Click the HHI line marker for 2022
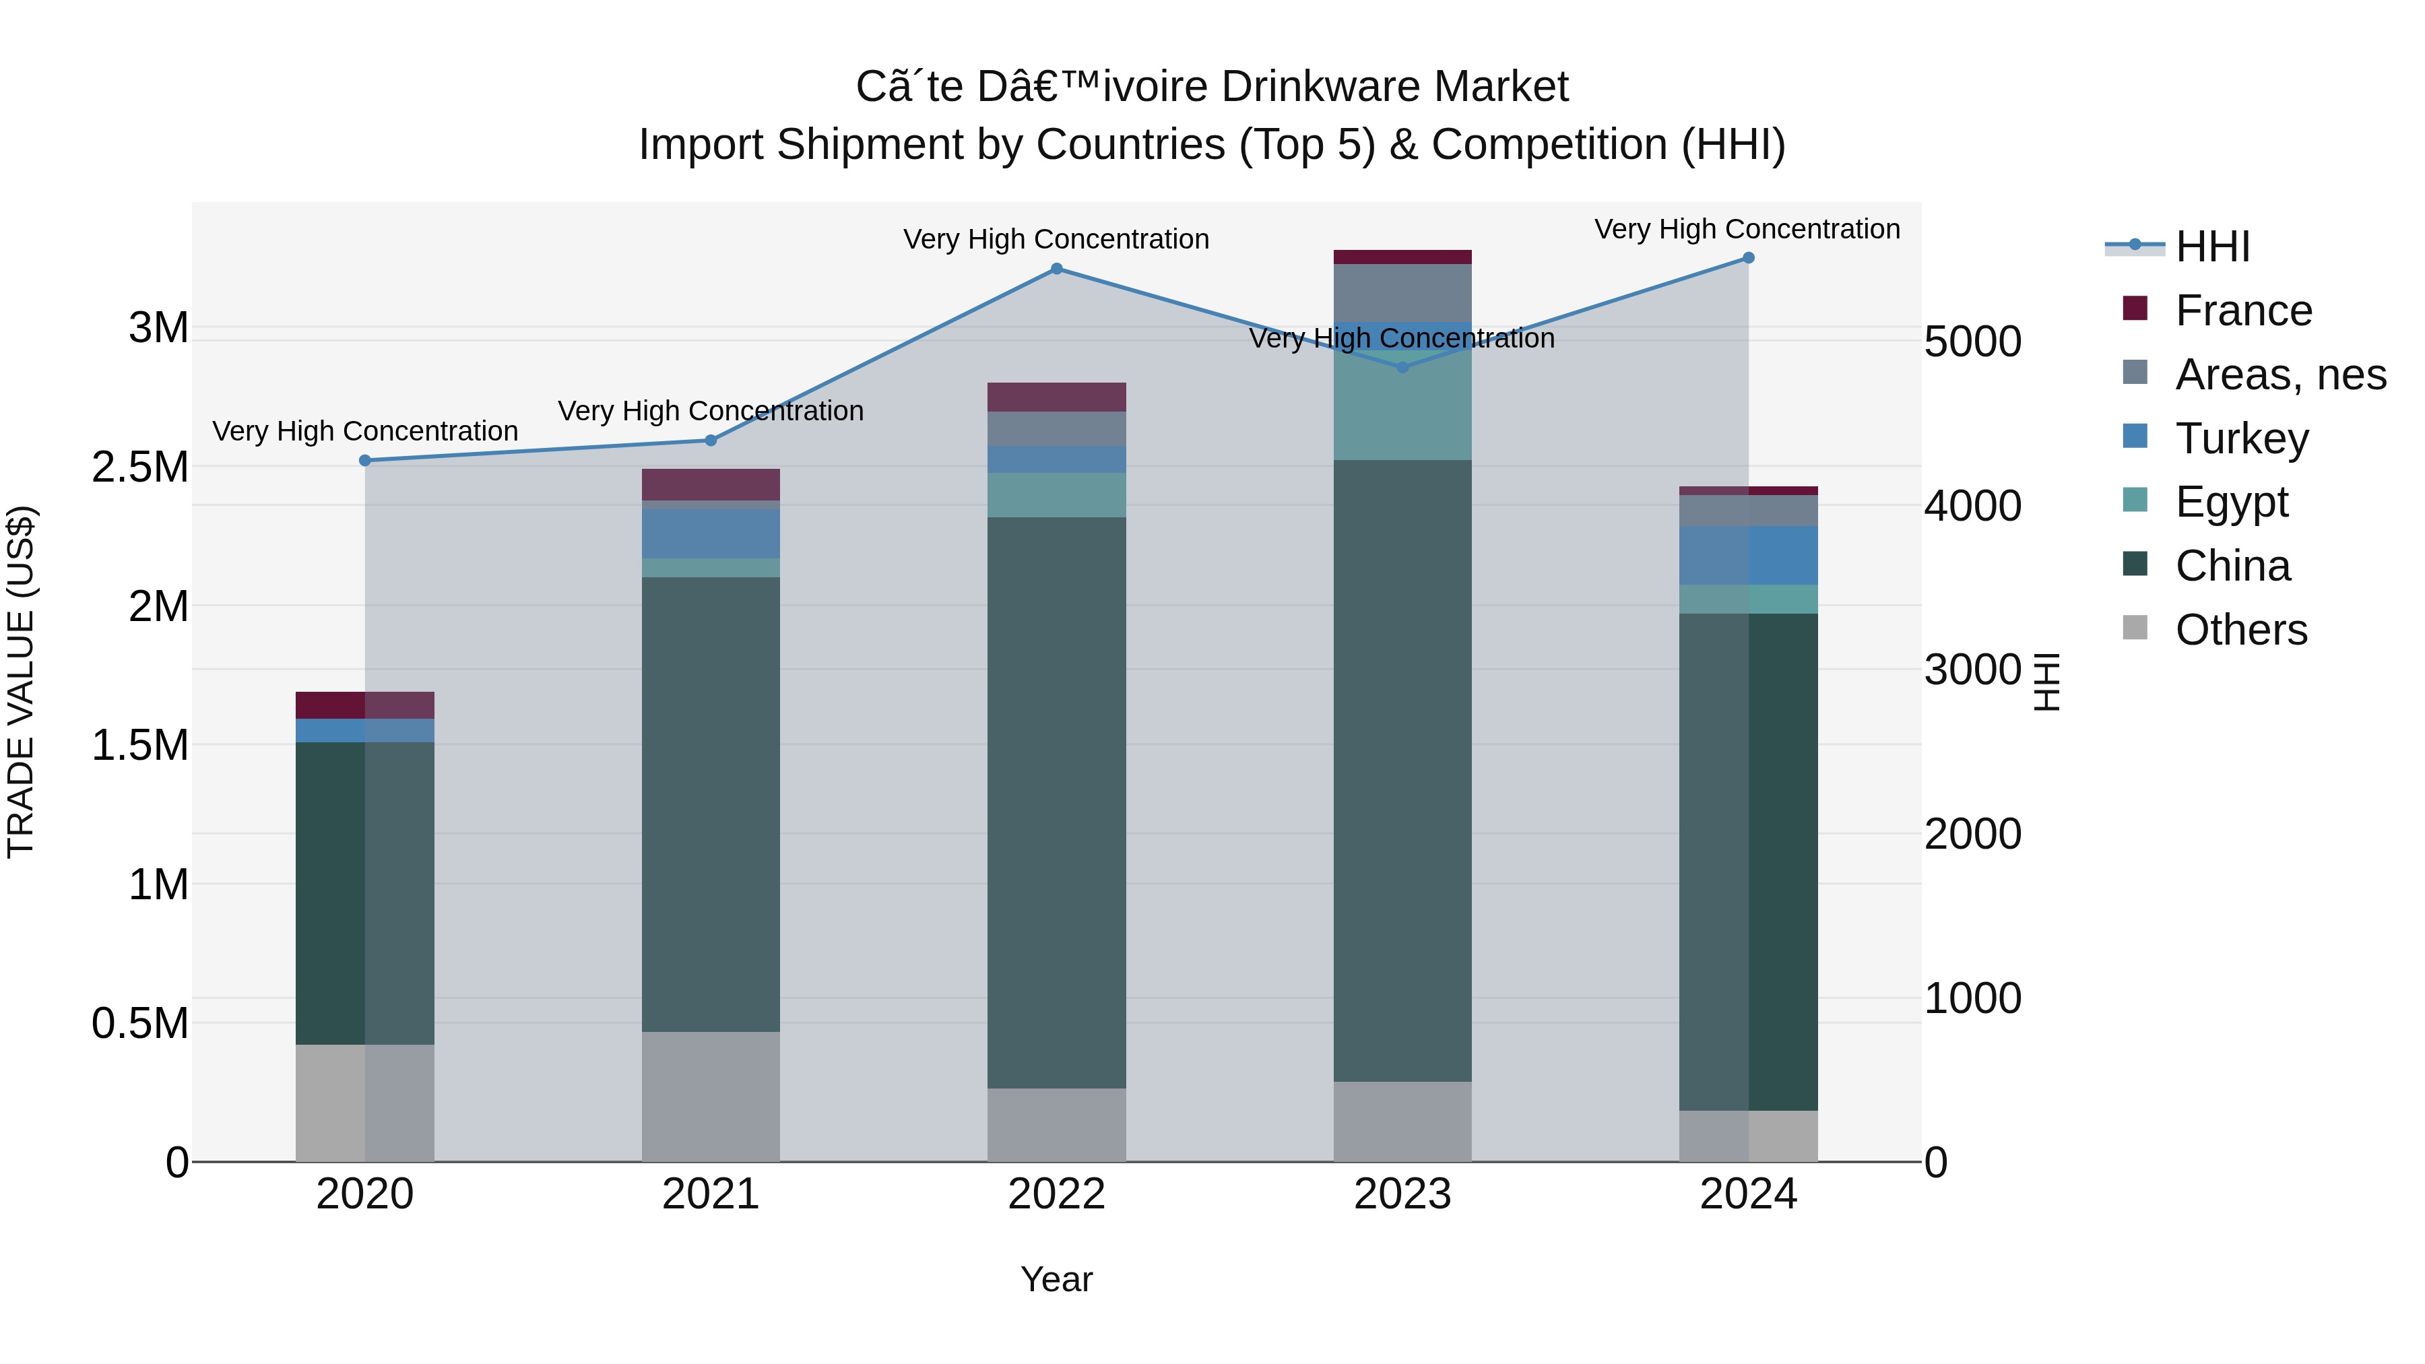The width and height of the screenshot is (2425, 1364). coord(1056,269)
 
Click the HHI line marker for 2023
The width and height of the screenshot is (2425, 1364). coord(1402,367)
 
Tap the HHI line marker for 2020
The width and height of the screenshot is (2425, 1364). coord(365,460)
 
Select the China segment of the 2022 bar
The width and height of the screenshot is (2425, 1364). coord(1056,800)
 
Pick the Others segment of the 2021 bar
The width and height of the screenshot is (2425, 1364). coord(711,1096)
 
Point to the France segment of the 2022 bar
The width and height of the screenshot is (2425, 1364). coord(1056,397)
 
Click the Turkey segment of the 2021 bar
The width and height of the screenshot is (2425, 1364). coord(711,533)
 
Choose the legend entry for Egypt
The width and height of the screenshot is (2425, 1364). coord(2231,502)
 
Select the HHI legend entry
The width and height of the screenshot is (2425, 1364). coord(2212,247)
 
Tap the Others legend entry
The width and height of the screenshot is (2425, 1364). coord(2240,630)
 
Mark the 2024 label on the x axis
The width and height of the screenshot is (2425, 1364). coord(1748,1194)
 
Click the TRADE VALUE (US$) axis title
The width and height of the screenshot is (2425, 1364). coord(21,682)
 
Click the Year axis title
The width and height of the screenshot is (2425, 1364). coord(1056,1279)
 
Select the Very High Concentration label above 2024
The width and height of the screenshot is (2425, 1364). coord(1747,229)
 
